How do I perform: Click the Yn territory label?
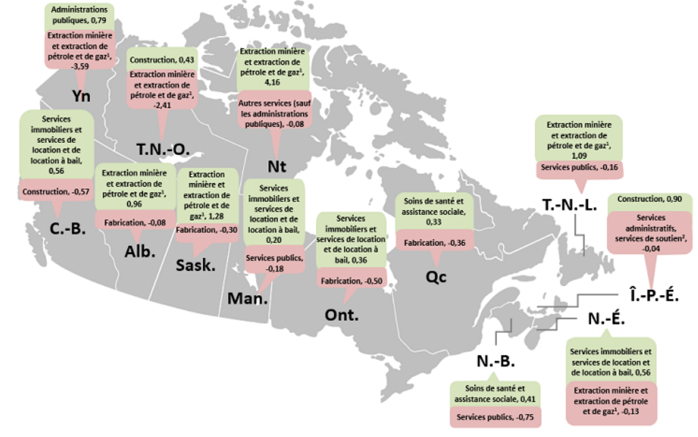(x=83, y=95)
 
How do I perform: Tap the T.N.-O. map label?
(x=162, y=150)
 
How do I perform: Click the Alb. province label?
(x=140, y=251)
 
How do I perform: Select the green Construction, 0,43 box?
(x=162, y=61)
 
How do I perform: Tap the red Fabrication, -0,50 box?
(x=351, y=281)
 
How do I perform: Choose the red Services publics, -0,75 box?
(x=494, y=417)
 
